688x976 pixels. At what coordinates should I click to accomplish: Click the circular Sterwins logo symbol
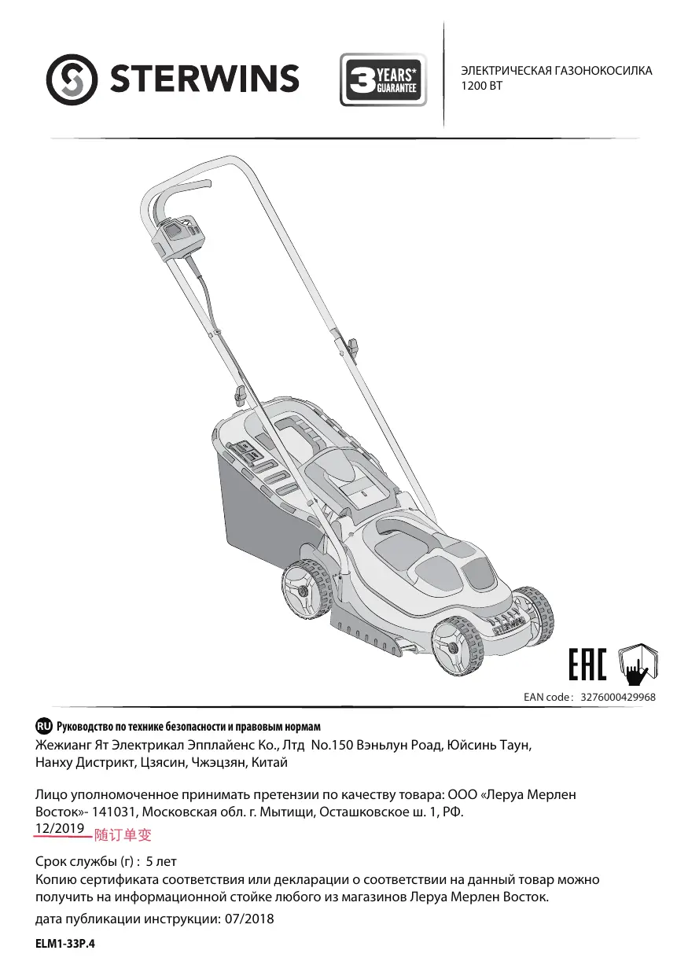tap(72, 79)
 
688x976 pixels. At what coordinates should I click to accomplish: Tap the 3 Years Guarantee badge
tap(384, 79)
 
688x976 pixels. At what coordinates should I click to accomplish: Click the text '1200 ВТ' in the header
tap(481, 86)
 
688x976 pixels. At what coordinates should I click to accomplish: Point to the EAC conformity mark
tap(587, 665)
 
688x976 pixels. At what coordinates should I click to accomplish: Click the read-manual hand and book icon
tap(638, 664)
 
